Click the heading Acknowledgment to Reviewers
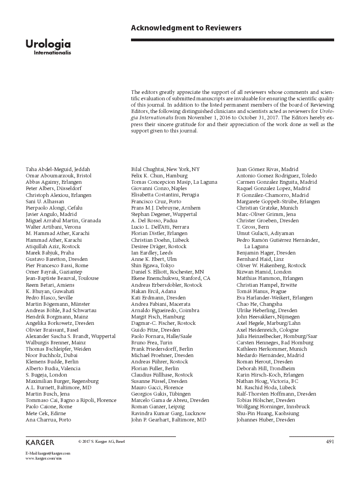pos(186,28)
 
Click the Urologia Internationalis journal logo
pos(48,47)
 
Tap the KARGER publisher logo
pos(40,442)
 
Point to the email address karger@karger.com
pos(54,453)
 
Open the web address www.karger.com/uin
pos(44,459)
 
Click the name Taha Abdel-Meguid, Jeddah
pos(58,169)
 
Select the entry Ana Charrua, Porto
pos(49,420)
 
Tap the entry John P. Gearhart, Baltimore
pos(168,420)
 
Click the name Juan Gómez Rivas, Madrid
pos(268,169)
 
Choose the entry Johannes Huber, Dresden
pos(266,420)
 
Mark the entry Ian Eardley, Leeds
pos(152,253)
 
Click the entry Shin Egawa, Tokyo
pos(152,265)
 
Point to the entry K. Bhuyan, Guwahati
pos(50,291)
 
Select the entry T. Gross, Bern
pos(253,227)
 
